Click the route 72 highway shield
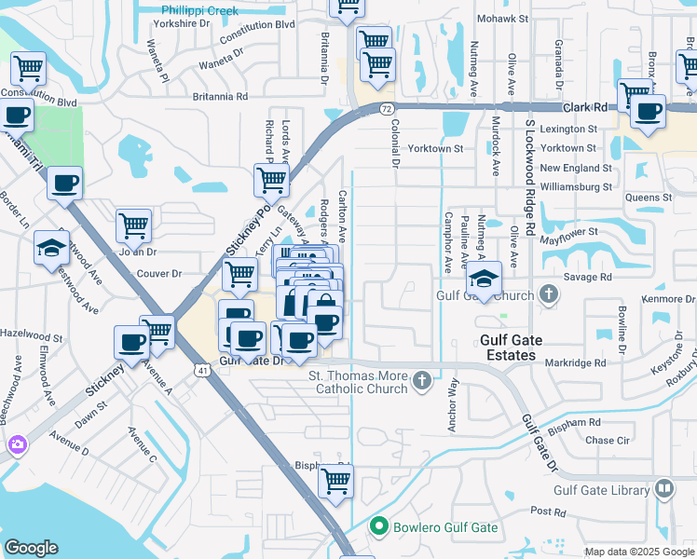(x=386, y=109)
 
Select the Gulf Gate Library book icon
(x=664, y=488)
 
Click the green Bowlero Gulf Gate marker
(x=378, y=527)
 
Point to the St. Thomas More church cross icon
(x=422, y=380)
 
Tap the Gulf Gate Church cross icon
(x=549, y=296)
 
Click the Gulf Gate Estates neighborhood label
(x=509, y=348)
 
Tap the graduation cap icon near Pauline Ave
(x=484, y=278)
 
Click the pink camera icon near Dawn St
(x=17, y=444)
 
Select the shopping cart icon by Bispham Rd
(x=335, y=482)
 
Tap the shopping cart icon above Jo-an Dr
(x=133, y=225)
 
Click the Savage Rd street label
(x=593, y=277)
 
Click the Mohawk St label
(x=502, y=19)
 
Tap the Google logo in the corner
(x=32, y=548)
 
